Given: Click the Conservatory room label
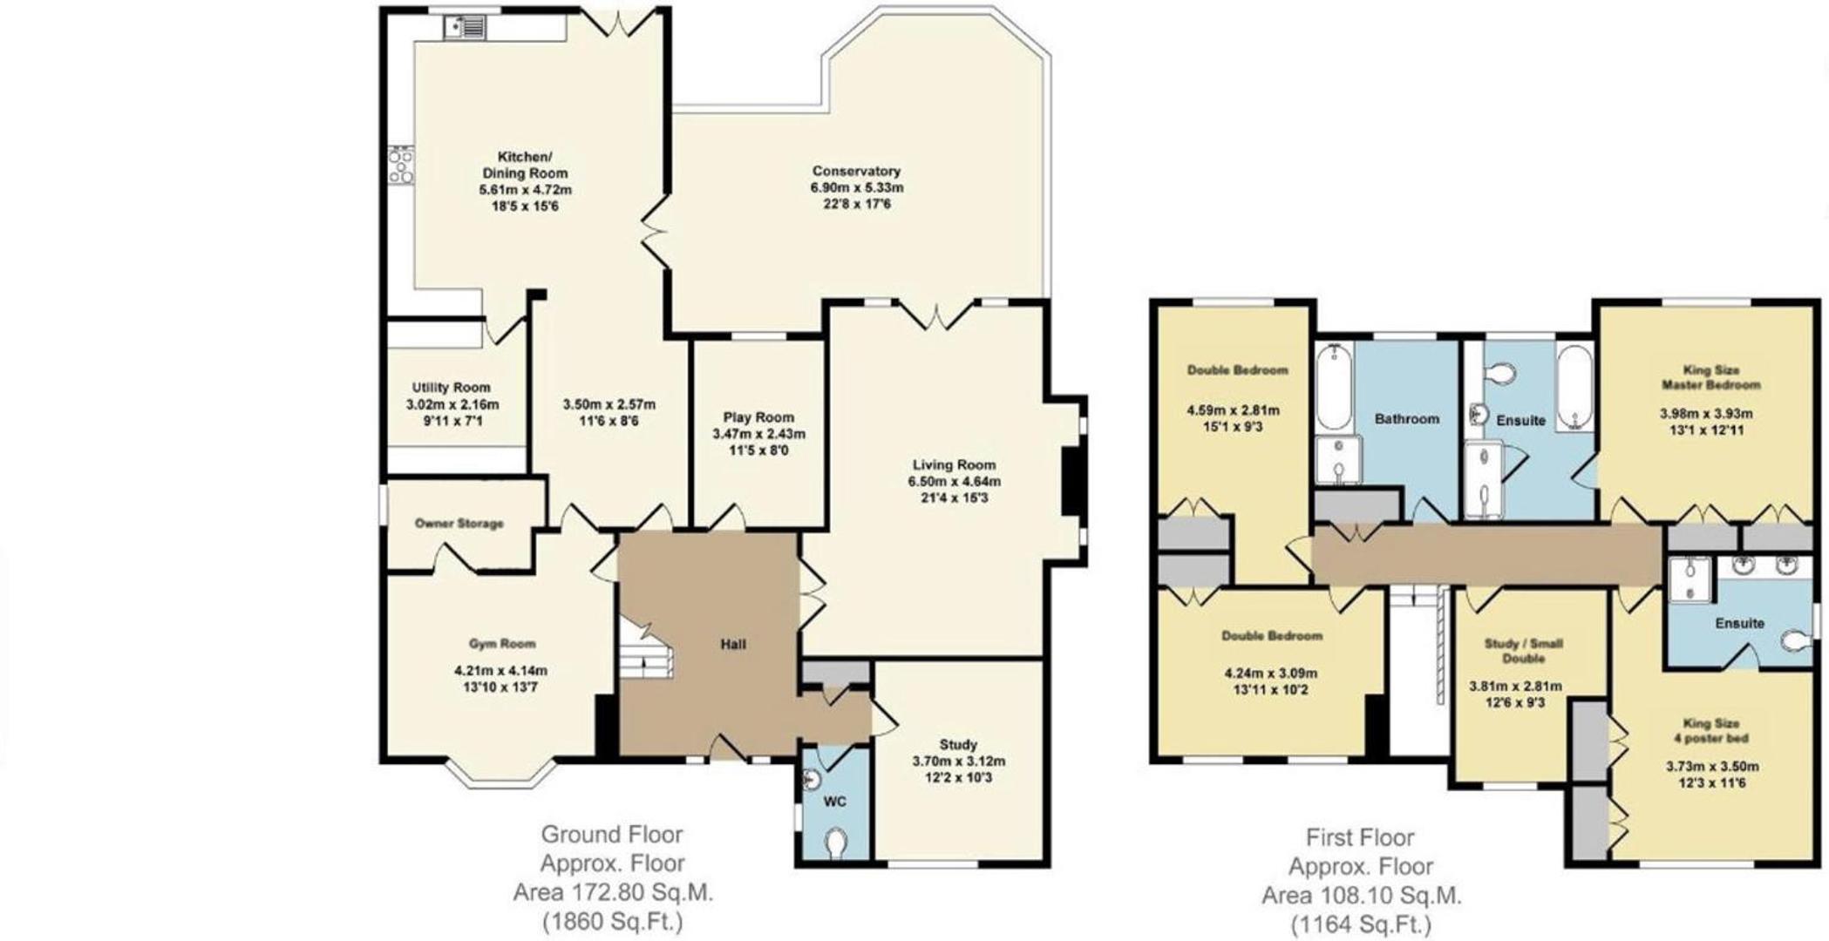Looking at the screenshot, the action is (x=856, y=172).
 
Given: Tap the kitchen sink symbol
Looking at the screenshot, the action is (x=465, y=28).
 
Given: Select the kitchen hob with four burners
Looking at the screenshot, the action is (x=401, y=165).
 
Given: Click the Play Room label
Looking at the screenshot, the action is (x=758, y=417).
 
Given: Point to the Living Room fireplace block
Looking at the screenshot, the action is (x=1071, y=481).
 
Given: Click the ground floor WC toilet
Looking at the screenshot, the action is (x=835, y=843).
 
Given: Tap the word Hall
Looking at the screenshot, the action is (x=733, y=645).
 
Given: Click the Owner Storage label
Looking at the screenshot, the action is (x=459, y=524).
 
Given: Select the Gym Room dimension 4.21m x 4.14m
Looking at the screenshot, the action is (x=500, y=671).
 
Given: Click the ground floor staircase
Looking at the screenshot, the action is (x=646, y=650).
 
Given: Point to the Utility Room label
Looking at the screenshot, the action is (x=451, y=388).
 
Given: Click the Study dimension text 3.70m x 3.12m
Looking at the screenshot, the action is (x=958, y=761).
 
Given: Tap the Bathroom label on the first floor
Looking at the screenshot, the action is (x=1406, y=419).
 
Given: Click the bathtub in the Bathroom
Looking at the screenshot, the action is (x=1334, y=387).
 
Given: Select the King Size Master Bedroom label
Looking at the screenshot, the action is (x=1710, y=377).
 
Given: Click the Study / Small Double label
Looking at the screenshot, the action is (x=1523, y=651).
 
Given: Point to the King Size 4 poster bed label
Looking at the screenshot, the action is (x=1711, y=731).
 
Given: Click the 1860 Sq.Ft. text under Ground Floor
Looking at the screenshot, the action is (x=613, y=921).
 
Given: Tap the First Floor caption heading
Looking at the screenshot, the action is (x=1359, y=838).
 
